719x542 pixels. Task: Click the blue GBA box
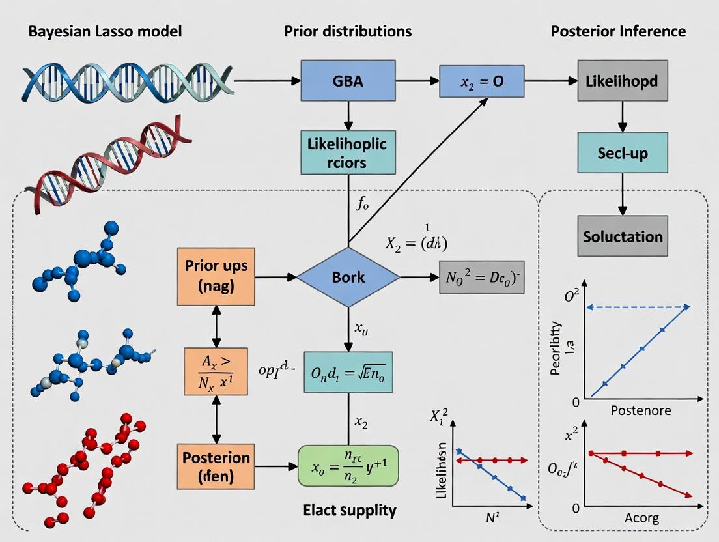coord(348,80)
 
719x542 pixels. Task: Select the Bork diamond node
coord(348,277)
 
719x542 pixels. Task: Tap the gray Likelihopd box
coord(622,81)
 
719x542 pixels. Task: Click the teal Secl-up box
coord(622,153)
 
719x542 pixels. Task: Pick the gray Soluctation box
coord(623,235)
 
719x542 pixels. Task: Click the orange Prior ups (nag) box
coord(212,277)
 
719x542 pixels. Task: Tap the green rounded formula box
coord(348,466)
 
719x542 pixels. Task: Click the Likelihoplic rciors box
coord(348,152)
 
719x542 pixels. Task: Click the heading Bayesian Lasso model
coord(105,31)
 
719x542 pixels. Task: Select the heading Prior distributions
coord(348,31)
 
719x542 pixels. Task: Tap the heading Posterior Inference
coord(618,31)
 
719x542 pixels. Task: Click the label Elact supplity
coord(349,510)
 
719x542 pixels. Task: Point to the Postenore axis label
coord(641,411)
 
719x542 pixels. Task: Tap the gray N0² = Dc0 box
coord(481,277)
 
